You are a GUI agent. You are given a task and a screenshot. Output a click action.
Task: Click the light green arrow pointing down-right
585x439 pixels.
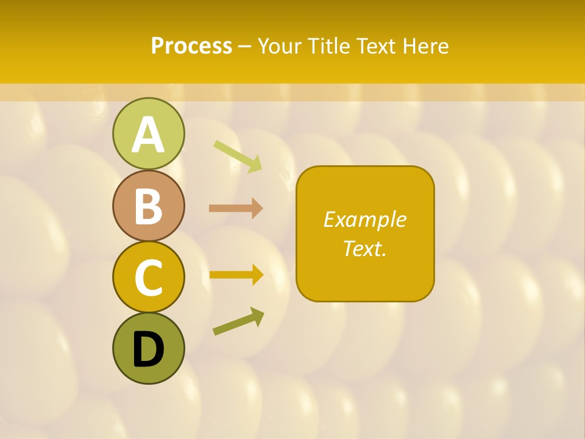pyautogui.click(x=238, y=156)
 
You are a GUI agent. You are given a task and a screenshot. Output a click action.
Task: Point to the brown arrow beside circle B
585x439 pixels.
pyautogui.click(x=236, y=209)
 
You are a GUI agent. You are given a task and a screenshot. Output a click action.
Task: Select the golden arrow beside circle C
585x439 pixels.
pyautogui.click(x=236, y=275)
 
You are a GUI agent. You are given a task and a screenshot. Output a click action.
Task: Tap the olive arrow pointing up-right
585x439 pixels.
pyautogui.click(x=238, y=321)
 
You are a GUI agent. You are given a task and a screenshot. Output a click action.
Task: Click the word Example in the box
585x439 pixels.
pyautogui.click(x=364, y=220)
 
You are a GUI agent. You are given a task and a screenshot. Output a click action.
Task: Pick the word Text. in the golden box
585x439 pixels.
pyautogui.click(x=364, y=248)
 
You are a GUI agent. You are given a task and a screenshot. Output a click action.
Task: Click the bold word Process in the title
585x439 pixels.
pyautogui.click(x=191, y=46)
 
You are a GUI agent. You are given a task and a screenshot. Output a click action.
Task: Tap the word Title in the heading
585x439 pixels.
pyautogui.click(x=328, y=46)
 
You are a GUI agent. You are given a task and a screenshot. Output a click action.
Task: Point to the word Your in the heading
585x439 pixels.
pyautogui.click(x=280, y=46)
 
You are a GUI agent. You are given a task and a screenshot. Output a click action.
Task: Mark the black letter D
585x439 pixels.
pyautogui.click(x=148, y=350)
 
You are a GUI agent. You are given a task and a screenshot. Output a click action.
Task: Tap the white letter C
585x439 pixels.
pyautogui.click(x=148, y=278)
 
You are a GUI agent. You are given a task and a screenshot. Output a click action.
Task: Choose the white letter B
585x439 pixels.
pyautogui.click(x=148, y=206)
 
